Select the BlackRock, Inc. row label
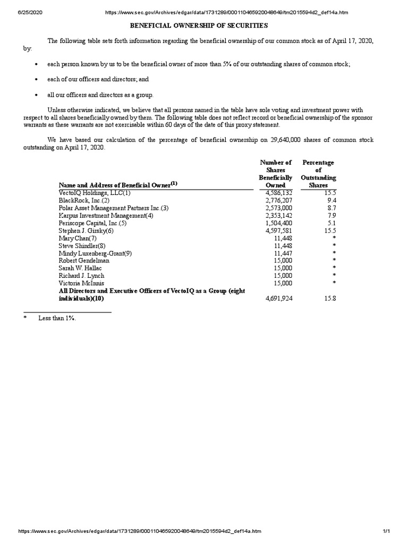(x=84, y=200)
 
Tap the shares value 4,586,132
(x=279, y=193)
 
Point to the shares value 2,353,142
(x=279, y=216)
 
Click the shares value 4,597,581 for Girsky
(x=279, y=231)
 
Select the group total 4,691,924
(x=279, y=299)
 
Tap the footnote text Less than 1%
(x=53, y=318)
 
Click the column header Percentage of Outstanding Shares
(x=318, y=174)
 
